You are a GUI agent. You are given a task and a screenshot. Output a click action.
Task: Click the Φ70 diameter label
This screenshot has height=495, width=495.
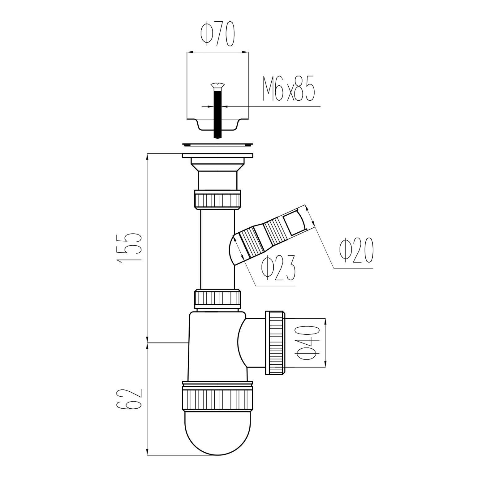[x=217, y=34]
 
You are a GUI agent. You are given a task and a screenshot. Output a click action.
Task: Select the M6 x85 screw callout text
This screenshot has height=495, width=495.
[x=289, y=89]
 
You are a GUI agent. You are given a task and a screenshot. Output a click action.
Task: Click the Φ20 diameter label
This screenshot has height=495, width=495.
[x=356, y=250]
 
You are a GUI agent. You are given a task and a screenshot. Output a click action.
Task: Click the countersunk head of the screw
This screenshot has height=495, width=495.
[x=218, y=85]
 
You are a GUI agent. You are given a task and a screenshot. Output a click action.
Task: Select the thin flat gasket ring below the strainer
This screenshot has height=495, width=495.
[x=218, y=144]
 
